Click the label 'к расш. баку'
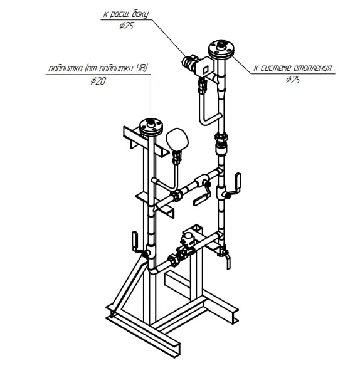pos(125,14)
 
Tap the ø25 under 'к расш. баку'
pos(126,26)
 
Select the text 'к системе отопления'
pos(292,68)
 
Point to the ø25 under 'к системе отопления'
pos(293,80)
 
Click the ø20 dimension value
pos(98,81)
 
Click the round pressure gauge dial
pos(177,140)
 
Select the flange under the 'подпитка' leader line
pos(151,126)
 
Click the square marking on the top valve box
pos(205,70)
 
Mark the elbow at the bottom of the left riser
pos(153,268)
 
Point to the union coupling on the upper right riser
pos(221,144)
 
